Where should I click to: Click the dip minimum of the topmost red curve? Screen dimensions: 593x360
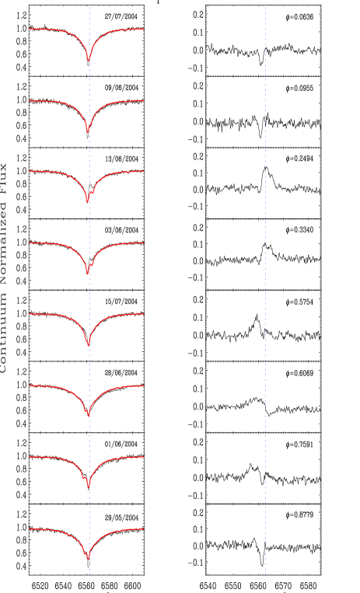point(88,61)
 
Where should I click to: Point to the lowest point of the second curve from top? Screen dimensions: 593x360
point(88,132)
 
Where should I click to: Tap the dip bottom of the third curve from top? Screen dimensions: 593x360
point(87,202)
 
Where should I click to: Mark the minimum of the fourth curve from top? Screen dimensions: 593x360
point(88,274)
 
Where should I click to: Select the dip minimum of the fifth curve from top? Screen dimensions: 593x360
point(88,345)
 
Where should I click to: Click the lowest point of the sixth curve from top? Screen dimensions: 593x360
point(89,417)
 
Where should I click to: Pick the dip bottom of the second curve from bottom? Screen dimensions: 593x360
point(89,487)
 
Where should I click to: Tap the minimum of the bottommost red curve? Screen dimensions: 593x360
point(88,559)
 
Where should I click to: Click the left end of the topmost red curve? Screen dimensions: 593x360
point(30,29)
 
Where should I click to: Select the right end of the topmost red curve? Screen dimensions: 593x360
point(144,29)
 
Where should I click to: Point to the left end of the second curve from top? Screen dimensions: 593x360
point(30,100)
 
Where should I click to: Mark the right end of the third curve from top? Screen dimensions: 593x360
point(144,171)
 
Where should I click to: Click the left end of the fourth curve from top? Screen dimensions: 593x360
point(30,242)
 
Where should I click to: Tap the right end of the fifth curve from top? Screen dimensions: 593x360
point(144,314)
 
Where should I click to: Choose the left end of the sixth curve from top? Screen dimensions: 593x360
point(30,385)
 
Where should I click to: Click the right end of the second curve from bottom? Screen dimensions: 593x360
point(144,457)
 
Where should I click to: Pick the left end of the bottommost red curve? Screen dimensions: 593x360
point(30,528)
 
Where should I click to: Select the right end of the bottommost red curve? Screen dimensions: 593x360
point(144,528)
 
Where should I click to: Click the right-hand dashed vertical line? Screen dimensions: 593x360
point(265,295)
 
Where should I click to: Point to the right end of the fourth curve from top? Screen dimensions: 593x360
point(144,242)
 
